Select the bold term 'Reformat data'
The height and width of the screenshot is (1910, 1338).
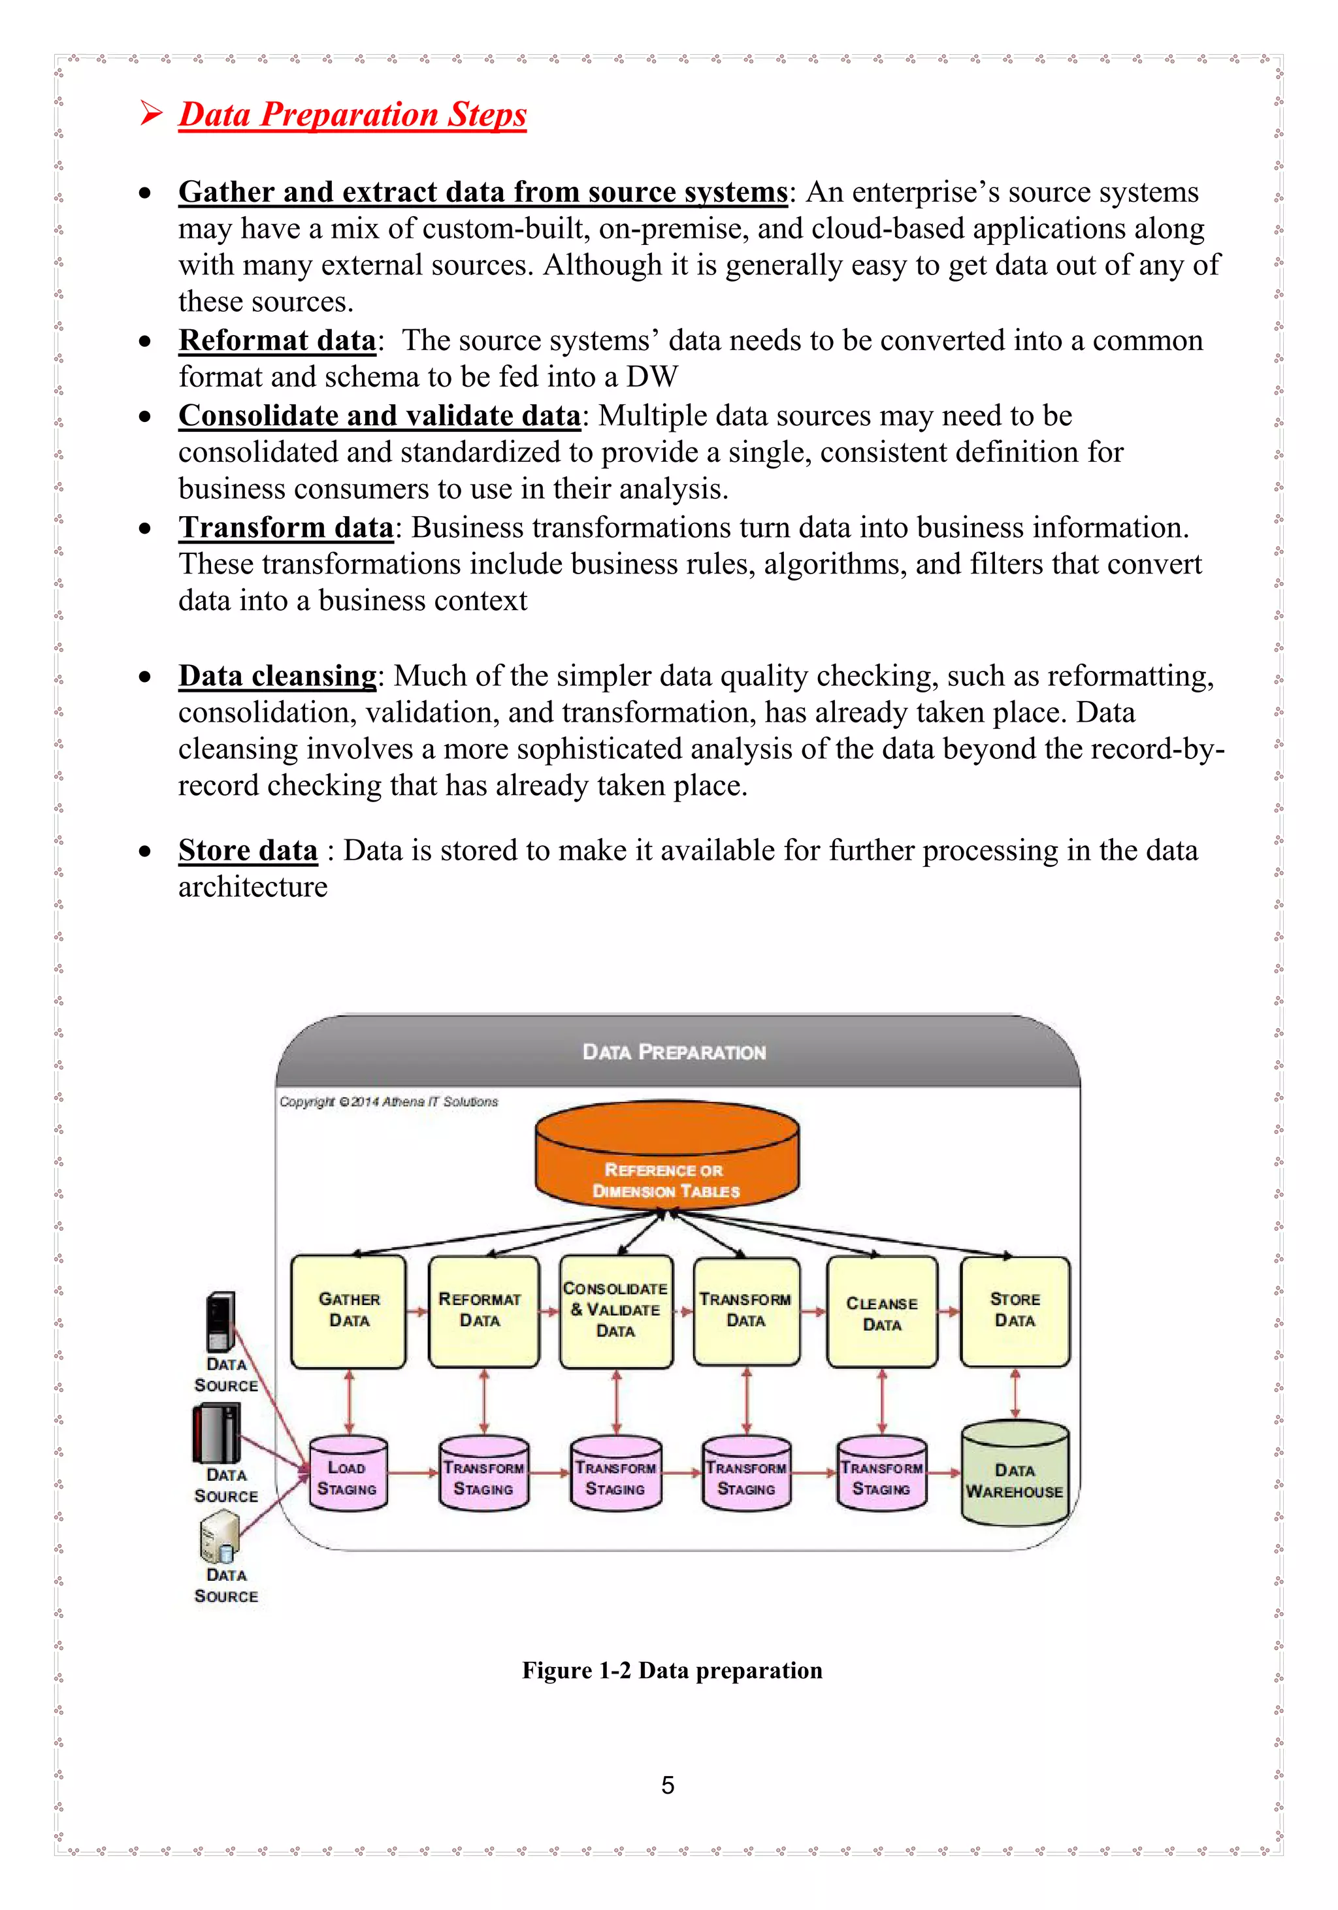(x=277, y=340)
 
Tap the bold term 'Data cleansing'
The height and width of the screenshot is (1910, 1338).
(x=277, y=675)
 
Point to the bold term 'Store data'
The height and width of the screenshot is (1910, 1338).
(x=248, y=850)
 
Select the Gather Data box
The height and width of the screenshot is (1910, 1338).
(x=349, y=1311)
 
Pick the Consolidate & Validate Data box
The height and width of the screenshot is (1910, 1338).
(x=615, y=1311)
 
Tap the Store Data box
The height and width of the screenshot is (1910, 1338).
(x=1015, y=1311)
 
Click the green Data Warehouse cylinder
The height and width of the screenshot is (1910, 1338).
(x=1015, y=1474)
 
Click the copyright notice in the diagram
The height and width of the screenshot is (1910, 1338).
(x=389, y=1102)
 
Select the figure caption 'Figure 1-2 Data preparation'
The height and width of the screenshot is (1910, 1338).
(x=672, y=1670)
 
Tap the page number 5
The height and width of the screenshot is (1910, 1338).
(x=667, y=1785)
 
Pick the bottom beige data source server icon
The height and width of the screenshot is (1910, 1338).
(x=220, y=1536)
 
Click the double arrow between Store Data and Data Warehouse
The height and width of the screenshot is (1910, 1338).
(x=1015, y=1394)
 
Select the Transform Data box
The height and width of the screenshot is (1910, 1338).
(x=746, y=1311)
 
